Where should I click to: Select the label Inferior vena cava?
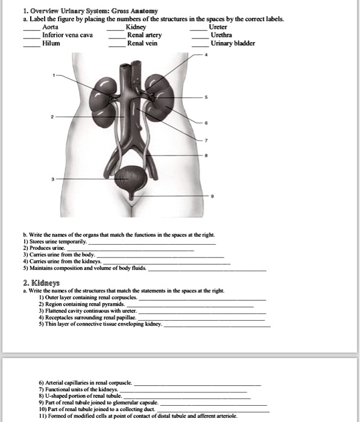[x=68, y=35]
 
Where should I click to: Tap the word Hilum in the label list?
[x=51, y=43]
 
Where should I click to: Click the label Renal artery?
[x=144, y=35]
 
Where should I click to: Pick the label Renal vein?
[x=142, y=43]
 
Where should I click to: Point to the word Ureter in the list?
[x=218, y=27]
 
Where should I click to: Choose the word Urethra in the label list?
[x=220, y=35]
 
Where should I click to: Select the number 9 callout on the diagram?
[x=211, y=197]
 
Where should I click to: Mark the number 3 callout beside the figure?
[x=52, y=180]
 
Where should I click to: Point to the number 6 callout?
[x=207, y=122]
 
